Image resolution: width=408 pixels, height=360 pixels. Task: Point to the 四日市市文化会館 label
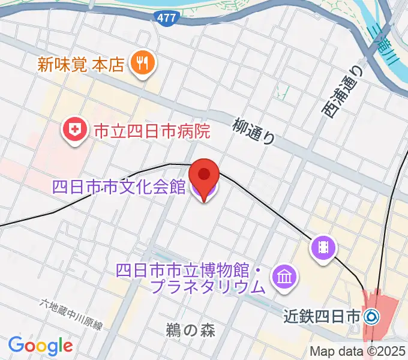pyautogui.click(x=119, y=188)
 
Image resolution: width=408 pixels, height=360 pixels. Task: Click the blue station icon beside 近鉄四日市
pyautogui.click(x=371, y=314)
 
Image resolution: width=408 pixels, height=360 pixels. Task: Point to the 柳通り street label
pyautogui.click(x=254, y=130)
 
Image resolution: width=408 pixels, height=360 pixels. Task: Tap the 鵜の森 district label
pyautogui.click(x=190, y=329)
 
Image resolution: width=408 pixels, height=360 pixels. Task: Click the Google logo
pyautogui.click(x=40, y=345)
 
